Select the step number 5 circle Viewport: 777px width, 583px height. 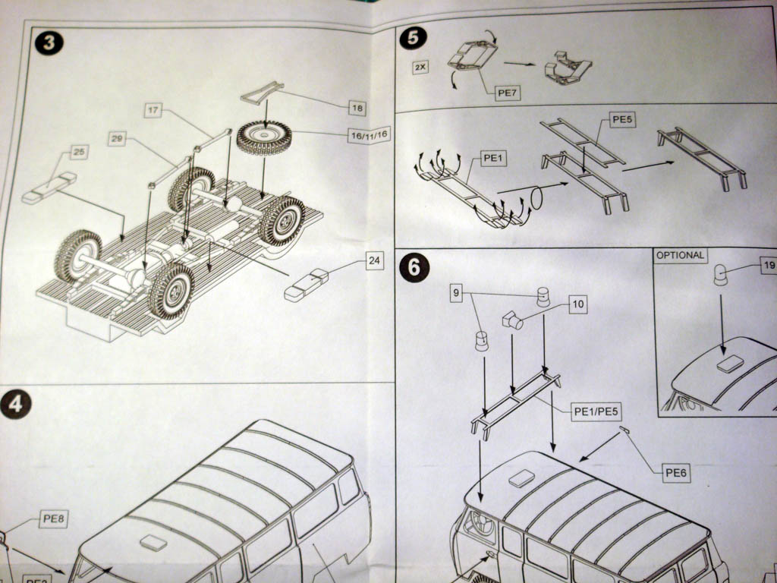412,38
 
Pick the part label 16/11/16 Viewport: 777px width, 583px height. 368,135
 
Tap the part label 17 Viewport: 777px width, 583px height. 153,111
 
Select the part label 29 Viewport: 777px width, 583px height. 117,138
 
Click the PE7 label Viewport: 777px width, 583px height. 506,94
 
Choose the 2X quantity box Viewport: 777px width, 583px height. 420,68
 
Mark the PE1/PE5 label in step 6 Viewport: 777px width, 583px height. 597,411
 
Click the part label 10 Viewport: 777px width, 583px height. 578,304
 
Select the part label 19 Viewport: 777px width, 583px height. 767,266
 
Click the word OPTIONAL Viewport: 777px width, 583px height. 680,256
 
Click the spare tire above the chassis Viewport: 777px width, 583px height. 264,137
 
